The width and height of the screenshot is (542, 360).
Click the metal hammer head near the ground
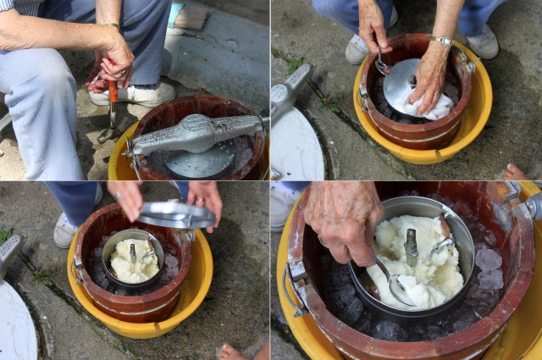(109, 133)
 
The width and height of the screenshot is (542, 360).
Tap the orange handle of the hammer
(112, 90)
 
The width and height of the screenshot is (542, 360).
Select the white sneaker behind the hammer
(144, 93)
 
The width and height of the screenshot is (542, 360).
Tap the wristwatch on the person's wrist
(440, 41)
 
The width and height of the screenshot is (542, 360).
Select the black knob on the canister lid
(412, 81)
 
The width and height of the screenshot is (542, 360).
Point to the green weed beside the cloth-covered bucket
(294, 64)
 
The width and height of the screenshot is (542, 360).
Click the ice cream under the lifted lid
(133, 261)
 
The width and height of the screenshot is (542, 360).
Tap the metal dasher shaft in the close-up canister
(411, 246)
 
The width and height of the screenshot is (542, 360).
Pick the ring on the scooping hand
(323, 241)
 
